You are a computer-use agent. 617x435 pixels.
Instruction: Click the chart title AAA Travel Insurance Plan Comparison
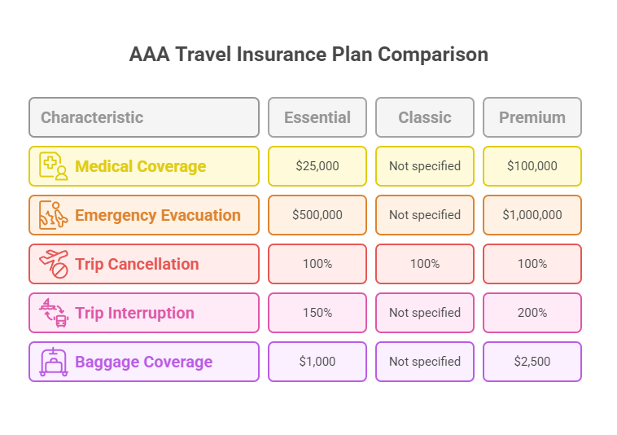308,55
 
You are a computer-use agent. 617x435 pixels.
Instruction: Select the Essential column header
317,117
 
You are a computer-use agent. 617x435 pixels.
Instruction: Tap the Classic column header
424,117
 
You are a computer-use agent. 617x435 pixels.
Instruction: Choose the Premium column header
532,117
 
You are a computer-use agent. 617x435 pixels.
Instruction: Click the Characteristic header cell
92,117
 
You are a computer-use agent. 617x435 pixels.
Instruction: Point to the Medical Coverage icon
54,166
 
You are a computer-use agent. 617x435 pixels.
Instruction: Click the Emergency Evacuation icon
54,215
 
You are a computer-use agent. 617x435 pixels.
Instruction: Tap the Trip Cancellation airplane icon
54,264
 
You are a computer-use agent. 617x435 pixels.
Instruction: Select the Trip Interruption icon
54,313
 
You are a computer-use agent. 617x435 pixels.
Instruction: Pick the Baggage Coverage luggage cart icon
54,362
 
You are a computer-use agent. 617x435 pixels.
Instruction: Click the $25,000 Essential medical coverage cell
317,166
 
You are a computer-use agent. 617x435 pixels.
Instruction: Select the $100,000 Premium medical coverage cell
532,166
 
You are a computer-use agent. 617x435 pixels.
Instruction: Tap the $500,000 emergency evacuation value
317,215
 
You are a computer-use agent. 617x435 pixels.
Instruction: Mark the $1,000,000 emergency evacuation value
532,215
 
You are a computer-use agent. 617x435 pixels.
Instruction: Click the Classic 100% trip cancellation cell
424,264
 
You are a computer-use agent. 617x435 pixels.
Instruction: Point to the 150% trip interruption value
317,313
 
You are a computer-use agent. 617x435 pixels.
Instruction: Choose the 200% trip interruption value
532,313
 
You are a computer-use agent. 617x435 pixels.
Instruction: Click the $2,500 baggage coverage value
532,362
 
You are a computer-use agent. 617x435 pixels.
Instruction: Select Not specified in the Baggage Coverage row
424,362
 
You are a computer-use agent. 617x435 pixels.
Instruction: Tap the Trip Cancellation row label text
137,264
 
